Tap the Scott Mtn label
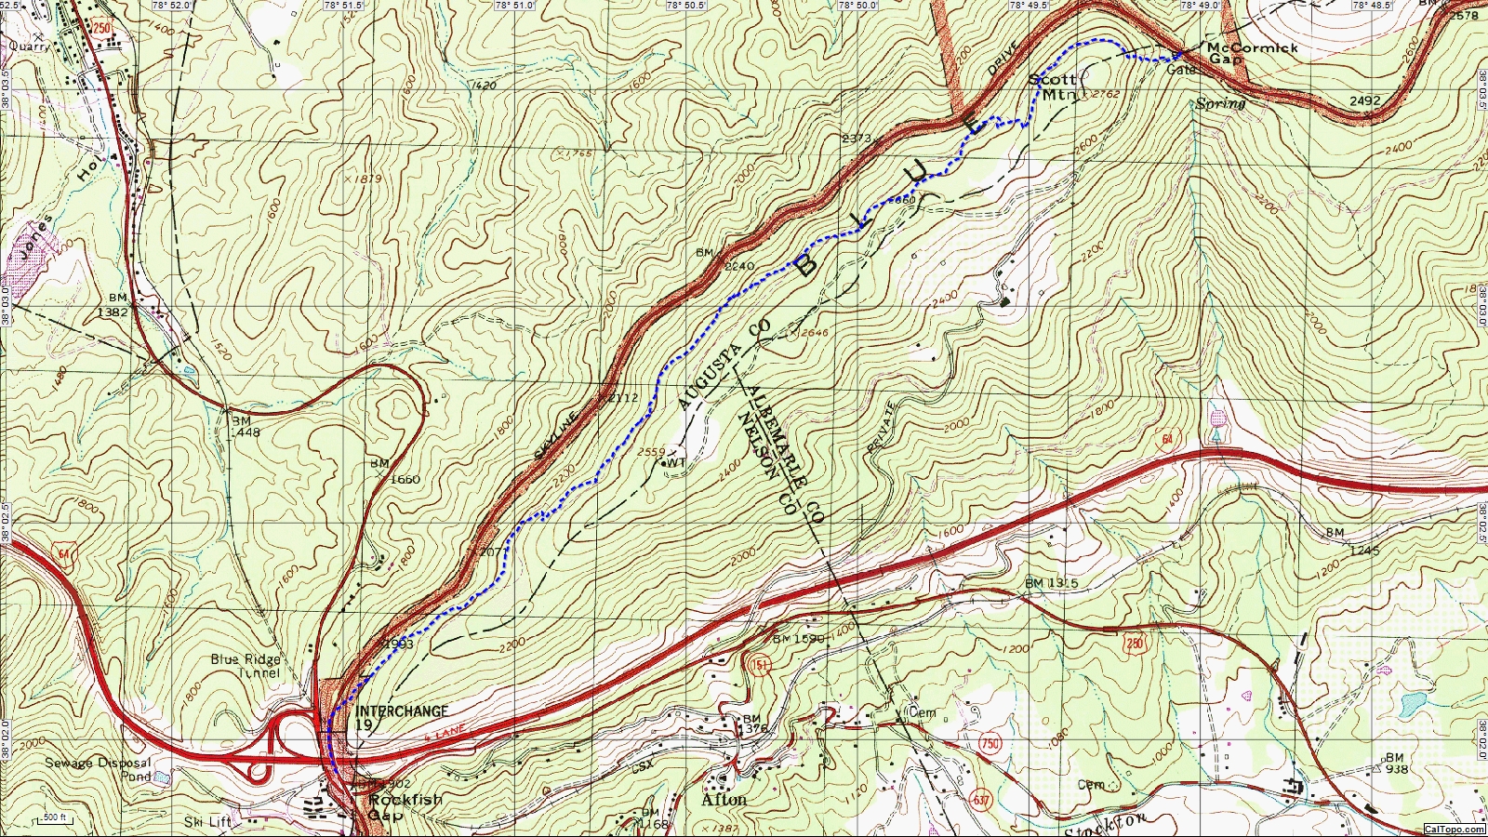click(x=1052, y=86)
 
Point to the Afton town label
click(x=724, y=800)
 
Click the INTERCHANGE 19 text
click(x=401, y=717)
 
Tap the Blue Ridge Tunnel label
click(x=245, y=665)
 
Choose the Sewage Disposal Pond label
click(x=98, y=768)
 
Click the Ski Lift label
click(x=206, y=821)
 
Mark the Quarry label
click(x=29, y=45)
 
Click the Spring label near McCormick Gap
click(x=1220, y=103)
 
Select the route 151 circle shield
click(x=754, y=664)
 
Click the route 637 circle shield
click(x=982, y=800)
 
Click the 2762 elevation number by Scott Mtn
click(x=1106, y=94)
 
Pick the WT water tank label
click(x=676, y=462)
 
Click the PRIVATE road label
click(x=882, y=427)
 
